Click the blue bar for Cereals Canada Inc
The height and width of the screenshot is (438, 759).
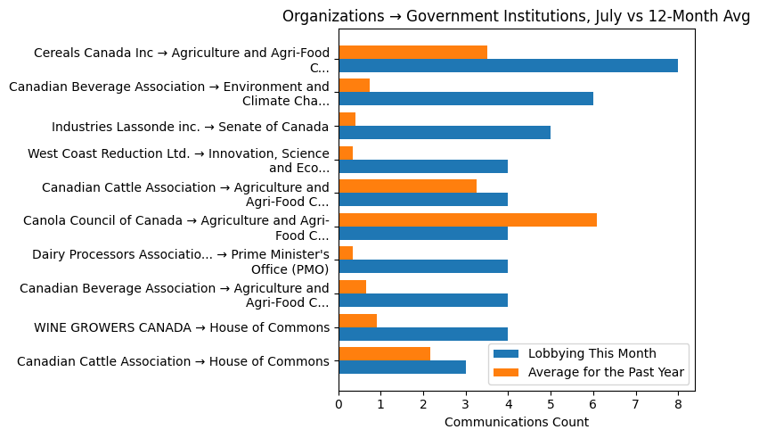[508, 66]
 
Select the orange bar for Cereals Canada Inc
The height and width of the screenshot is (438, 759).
[412, 52]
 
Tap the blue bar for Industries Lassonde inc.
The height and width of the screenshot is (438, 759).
[445, 133]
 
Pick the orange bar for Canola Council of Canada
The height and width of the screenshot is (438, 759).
[468, 219]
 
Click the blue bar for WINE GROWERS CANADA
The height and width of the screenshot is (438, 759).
[423, 334]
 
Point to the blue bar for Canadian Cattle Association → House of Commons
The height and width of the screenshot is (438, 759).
[402, 368]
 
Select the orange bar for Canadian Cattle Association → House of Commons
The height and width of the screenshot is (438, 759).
[384, 354]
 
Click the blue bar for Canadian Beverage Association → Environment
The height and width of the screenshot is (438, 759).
[466, 99]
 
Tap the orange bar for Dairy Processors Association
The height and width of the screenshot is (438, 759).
[346, 253]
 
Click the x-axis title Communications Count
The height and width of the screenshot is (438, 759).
[516, 422]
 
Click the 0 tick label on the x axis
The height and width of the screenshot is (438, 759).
[339, 405]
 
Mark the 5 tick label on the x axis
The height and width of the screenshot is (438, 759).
[551, 405]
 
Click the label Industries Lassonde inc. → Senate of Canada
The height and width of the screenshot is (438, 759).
[191, 127]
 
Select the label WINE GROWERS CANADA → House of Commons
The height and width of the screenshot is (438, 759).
[182, 327]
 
